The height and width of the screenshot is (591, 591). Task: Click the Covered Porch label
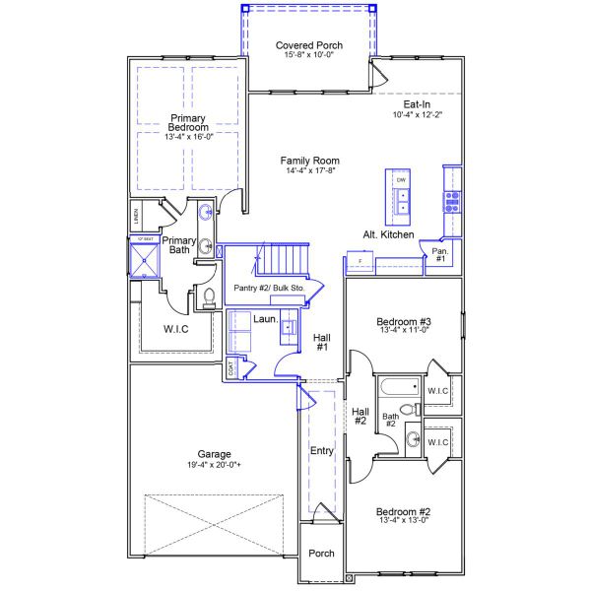coord(309,45)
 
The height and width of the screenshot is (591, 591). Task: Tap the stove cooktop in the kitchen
coord(452,202)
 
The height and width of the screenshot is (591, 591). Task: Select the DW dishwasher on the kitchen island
coord(401,181)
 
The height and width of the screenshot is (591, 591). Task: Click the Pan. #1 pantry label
coord(439,255)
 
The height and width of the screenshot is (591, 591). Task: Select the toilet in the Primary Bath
coord(208,295)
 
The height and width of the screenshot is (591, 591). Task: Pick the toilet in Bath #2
coord(407,409)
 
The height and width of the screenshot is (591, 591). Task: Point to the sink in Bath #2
coord(413,439)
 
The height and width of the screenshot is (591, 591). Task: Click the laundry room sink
coord(288,326)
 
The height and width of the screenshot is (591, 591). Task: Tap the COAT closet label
coord(232,369)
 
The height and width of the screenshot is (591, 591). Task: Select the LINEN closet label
coord(136,215)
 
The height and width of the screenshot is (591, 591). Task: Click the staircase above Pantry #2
coord(280,260)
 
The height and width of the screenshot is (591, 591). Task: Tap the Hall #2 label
coord(361,417)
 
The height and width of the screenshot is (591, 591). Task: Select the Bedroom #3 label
coord(405,322)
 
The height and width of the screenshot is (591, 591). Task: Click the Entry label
coord(322,451)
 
